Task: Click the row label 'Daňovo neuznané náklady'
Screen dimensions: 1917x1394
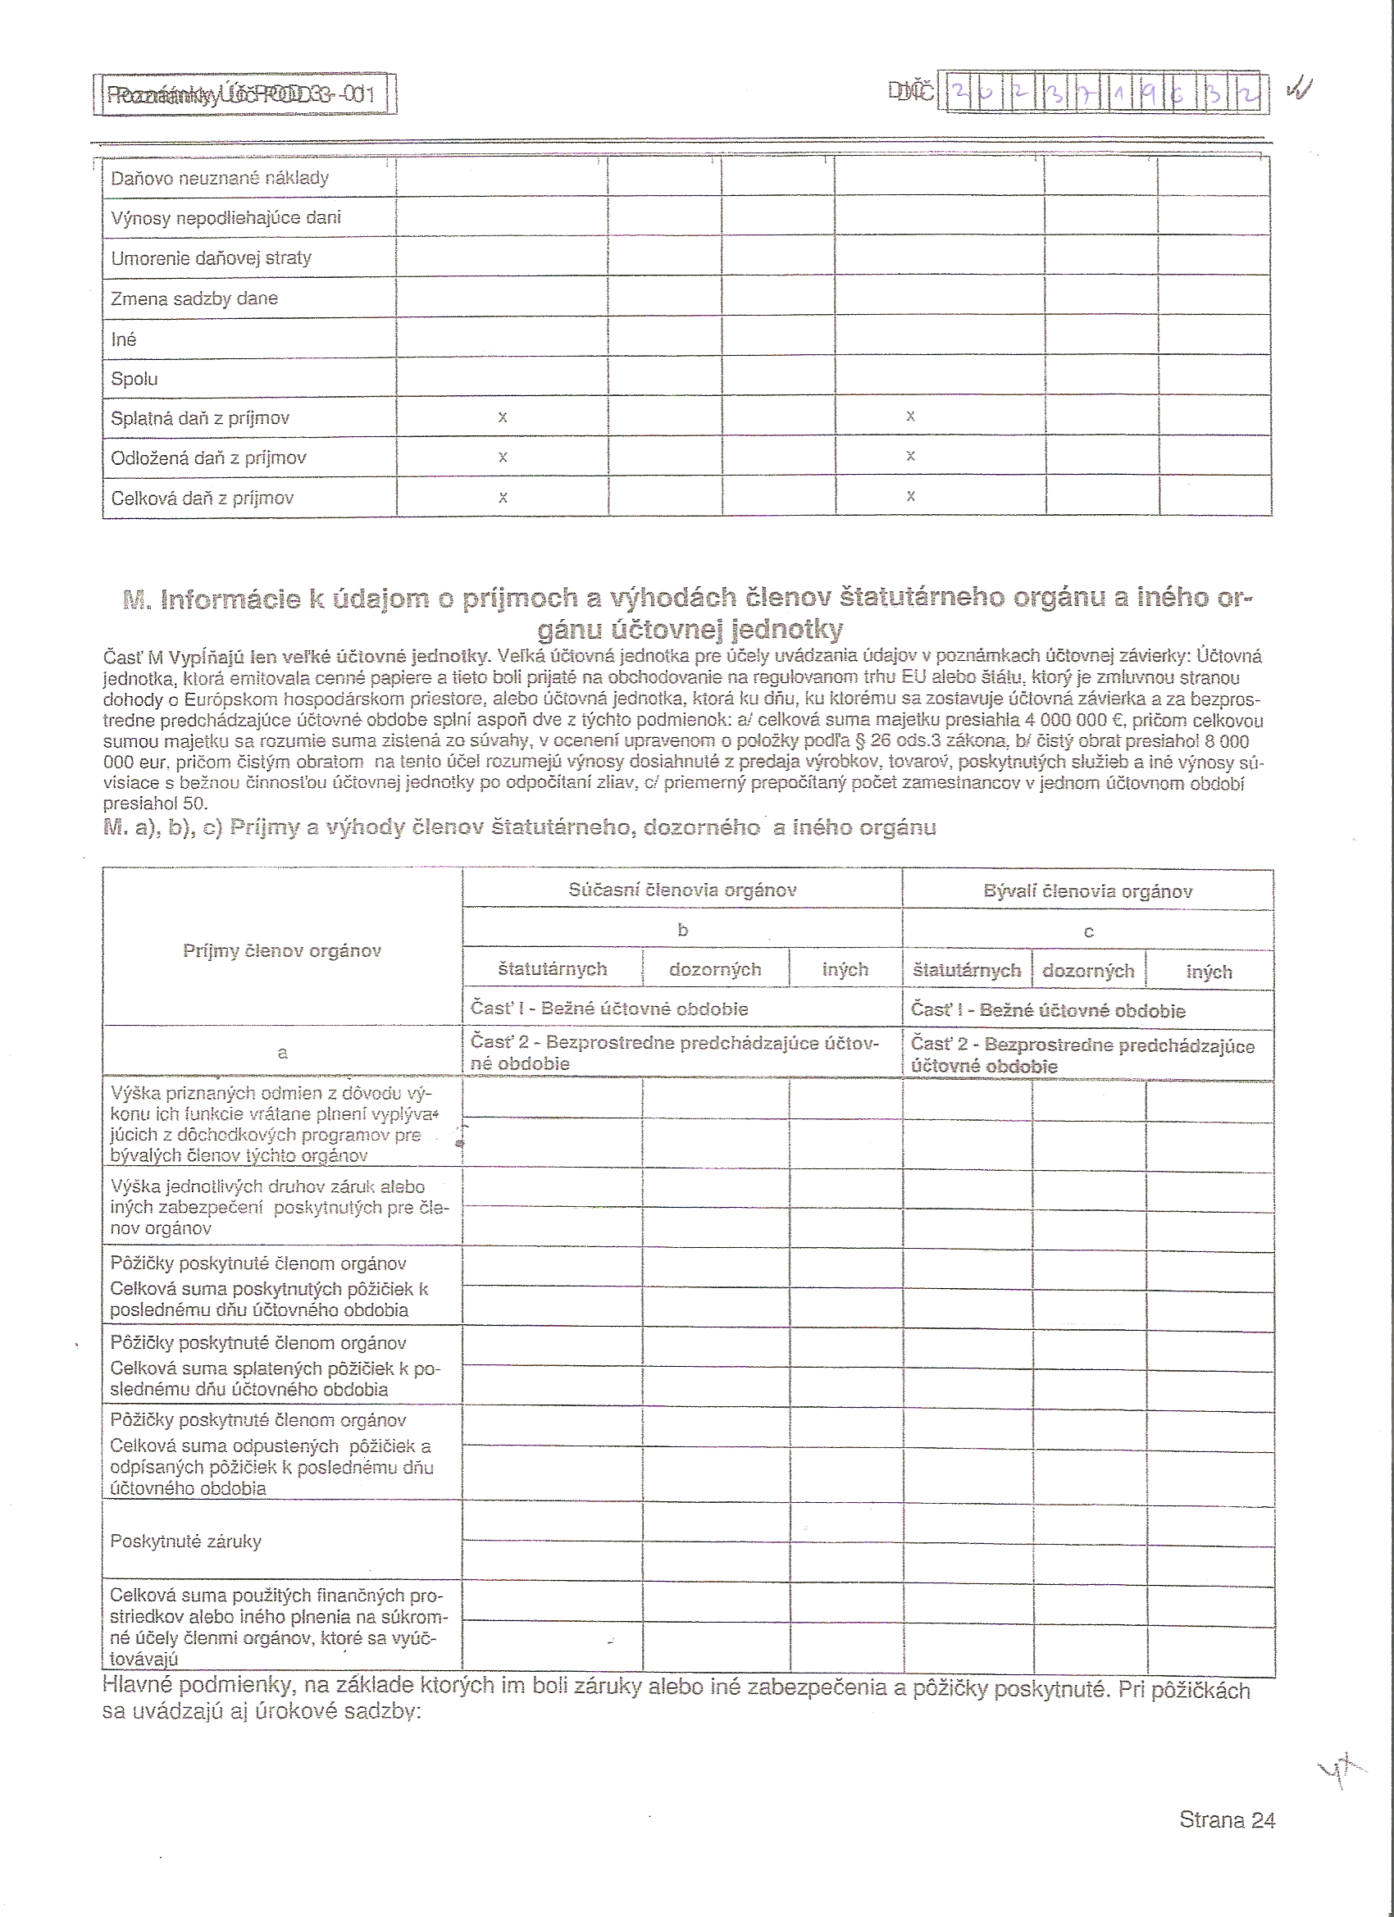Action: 220,177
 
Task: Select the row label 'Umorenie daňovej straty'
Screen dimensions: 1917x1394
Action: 212,257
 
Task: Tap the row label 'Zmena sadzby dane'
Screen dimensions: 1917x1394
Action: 194,298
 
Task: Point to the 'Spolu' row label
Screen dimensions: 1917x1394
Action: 134,379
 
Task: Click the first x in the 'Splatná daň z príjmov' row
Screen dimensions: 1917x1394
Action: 503,417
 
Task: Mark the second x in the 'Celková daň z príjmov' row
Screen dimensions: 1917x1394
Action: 910,496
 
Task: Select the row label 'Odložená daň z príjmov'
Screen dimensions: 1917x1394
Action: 209,458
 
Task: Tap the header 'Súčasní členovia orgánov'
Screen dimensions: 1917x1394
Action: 682,890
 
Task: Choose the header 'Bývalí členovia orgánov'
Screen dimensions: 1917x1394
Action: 1088,892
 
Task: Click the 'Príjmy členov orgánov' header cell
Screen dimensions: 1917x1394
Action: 282,951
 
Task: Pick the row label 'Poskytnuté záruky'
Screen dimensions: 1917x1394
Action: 186,1541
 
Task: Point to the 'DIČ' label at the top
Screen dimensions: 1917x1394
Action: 910,91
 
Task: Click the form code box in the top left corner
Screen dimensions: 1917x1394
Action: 244,93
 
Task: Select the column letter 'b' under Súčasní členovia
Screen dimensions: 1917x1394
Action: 683,930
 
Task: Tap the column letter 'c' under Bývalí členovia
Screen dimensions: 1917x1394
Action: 1089,932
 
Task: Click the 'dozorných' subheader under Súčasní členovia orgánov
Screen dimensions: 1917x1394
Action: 715,969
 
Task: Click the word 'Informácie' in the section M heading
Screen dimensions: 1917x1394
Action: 230,599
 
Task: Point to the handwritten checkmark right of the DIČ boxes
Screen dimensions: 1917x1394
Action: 1299,88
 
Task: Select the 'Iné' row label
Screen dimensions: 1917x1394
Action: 124,339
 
